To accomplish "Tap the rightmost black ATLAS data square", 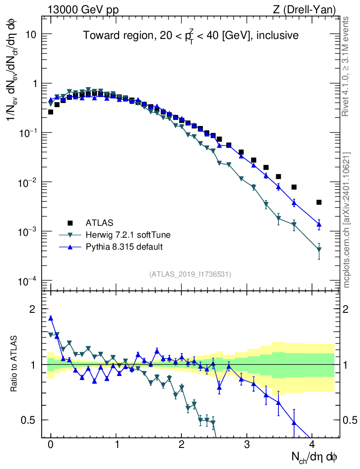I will click(319, 202).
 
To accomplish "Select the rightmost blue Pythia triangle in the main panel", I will click(319, 224).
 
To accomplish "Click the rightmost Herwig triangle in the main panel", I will click(319, 250).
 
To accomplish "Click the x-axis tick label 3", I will click(247, 445).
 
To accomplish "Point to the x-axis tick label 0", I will click(51, 445).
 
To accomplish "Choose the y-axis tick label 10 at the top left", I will click(35, 35).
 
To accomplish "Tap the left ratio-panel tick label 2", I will click(33, 309).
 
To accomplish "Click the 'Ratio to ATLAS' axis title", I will click(15, 365).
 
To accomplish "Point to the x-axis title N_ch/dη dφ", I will click(315, 457).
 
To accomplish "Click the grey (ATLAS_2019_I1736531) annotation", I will click(190, 274).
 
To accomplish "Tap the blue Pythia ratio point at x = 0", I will click(51, 318).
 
